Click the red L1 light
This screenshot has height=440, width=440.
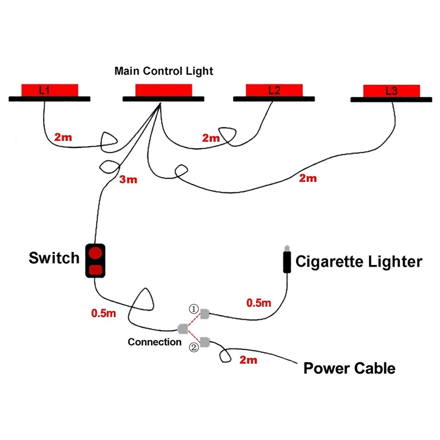click(x=50, y=89)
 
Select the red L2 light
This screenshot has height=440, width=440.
click(x=274, y=90)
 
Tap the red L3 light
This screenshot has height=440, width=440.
click(x=392, y=90)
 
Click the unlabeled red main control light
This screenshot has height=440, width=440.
click(x=164, y=90)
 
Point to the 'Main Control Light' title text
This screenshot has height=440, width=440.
click(x=164, y=71)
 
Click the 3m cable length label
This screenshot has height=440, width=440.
click(x=128, y=179)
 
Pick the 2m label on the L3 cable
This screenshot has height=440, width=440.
click(x=307, y=178)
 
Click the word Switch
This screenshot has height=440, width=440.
click(x=54, y=258)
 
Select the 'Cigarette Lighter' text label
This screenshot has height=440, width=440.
click(x=359, y=261)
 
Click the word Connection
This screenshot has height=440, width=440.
click(x=155, y=342)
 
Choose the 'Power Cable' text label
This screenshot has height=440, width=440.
click(x=349, y=368)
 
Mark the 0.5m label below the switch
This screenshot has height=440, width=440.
click(x=103, y=313)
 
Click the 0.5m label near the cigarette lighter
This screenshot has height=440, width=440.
click(x=258, y=302)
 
